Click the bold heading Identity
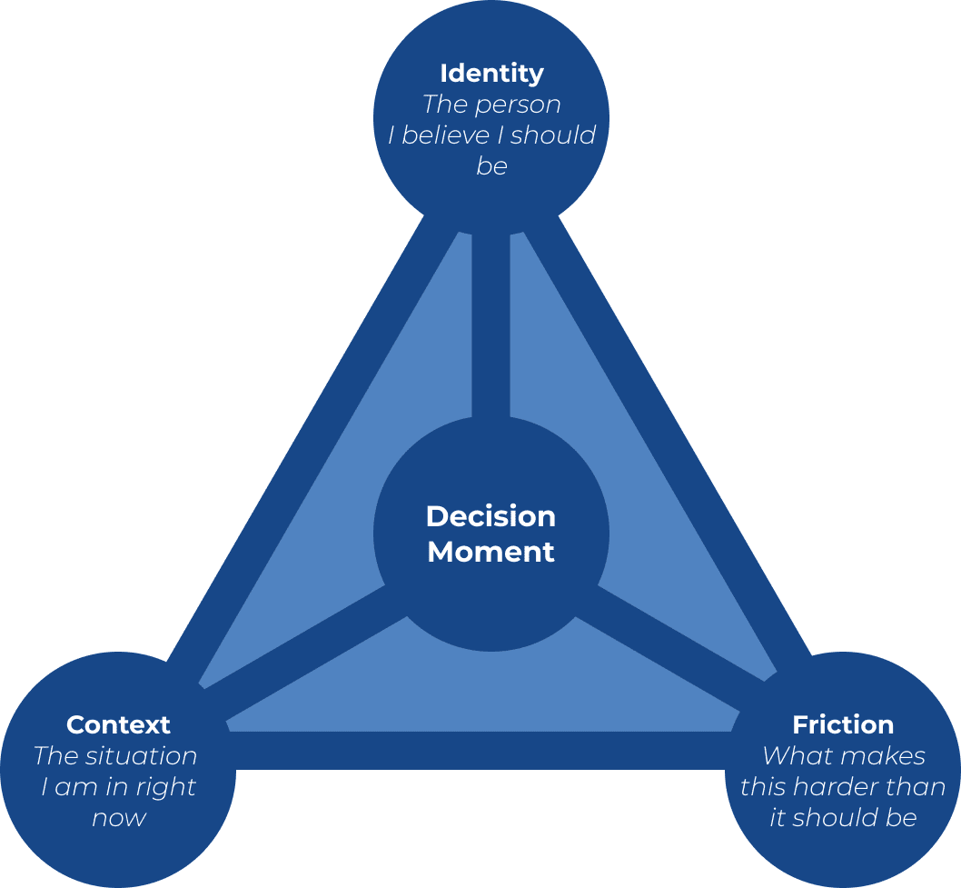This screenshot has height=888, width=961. (x=491, y=73)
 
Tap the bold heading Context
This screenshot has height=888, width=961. (x=118, y=724)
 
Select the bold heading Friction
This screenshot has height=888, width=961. (x=843, y=724)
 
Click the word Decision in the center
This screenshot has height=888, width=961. (x=490, y=516)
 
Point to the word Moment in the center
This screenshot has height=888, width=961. (x=490, y=552)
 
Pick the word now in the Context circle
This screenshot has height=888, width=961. (x=119, y=818)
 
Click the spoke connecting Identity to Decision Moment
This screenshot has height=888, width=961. (x=490, y=327)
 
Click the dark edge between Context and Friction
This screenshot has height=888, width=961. (x=481, y=751)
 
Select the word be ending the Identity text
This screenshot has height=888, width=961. (x=491, y=166)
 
